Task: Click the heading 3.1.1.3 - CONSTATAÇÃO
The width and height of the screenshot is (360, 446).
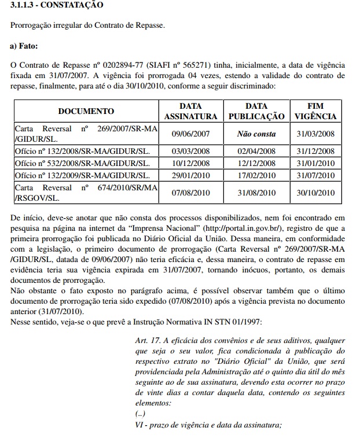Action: click(57, 5)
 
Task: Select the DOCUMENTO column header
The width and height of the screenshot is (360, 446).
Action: click(86, 111)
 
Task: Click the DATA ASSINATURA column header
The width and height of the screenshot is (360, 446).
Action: click(190, 111)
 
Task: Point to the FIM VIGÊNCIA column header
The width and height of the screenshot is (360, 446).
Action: click(315, 111)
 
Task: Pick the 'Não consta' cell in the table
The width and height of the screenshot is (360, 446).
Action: click(256, 133)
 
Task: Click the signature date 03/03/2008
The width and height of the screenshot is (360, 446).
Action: click(190, 151)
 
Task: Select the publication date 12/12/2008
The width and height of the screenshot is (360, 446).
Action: click(256, 163)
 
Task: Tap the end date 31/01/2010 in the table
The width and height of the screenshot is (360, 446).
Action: click(315, 163)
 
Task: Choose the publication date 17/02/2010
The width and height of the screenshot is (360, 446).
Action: click(256, 175)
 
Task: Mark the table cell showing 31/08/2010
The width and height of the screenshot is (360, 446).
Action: click(256, 193)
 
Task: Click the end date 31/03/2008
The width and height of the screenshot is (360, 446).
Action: click(315, 133)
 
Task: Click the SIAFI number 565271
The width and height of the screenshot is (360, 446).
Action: click(197, 63)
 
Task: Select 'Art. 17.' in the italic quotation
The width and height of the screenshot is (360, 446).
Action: click(148, 339)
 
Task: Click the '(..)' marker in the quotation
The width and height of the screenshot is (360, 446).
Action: click(140, 415)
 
